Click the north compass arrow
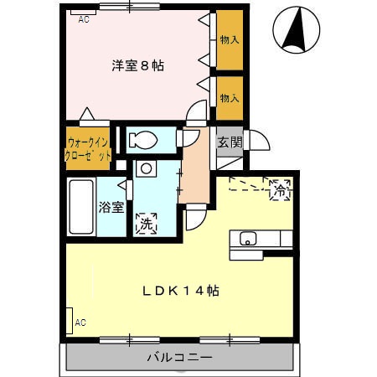coord(296,28)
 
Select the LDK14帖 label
coord(180,291)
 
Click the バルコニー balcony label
coord(179,358)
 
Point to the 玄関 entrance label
coord(230,142)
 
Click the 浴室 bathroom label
coord(110,206)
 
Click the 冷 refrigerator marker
coord(279,190)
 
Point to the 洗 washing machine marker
coord(146,224)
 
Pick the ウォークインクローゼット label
coord(88,148)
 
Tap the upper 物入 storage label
coord(230,39)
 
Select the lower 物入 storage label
coord(230,98)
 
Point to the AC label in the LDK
coord(80,322)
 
